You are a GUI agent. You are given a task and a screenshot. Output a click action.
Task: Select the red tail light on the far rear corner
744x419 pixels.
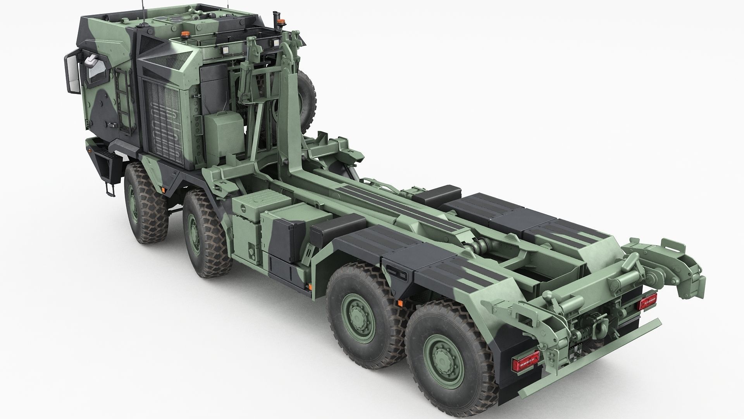coord(648,301)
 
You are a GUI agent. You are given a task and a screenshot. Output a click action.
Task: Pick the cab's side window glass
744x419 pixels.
coord(93,74)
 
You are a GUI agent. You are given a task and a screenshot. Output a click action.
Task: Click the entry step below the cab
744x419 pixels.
coord(110,190)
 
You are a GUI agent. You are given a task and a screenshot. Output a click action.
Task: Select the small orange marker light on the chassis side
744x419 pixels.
coord(310,287)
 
